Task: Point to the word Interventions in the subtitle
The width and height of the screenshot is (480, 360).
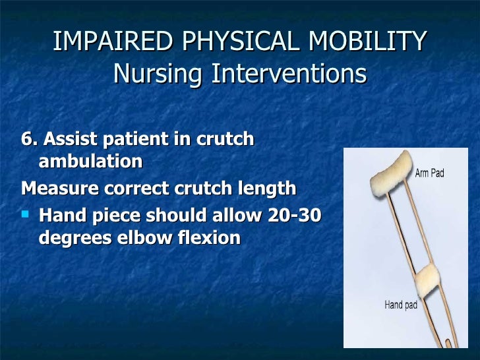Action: coord(287,74)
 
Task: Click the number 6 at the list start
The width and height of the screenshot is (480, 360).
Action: coord(28,140)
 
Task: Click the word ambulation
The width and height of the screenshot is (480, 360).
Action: coord(90,162)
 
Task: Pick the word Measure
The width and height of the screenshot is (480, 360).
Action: coord(60,189)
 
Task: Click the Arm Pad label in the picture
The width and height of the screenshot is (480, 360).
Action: coord(429,173)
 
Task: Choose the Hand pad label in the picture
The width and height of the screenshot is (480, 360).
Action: coord(402,305)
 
